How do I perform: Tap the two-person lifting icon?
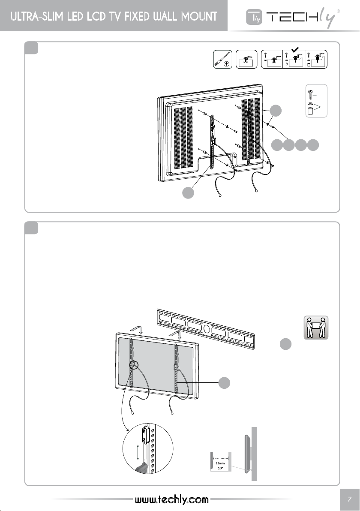[x=316, y=328]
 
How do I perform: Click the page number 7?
[x=350, y=499]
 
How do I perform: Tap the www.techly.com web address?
[x=171, y=499]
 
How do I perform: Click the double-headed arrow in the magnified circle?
[x=137, y=458]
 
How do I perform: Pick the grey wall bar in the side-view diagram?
[x=254, y=454]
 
